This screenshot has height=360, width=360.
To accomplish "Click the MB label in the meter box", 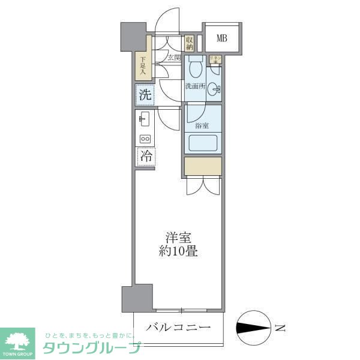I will tap(222, 39).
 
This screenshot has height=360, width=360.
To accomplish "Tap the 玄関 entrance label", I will tap(174, 58).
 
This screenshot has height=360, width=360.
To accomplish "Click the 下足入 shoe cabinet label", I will tap(143, 66).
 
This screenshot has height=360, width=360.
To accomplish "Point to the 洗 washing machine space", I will tap(145, 94).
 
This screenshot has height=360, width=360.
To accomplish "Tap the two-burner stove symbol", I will tap(145, 139).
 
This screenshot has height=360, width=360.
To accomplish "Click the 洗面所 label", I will tap(195, 86).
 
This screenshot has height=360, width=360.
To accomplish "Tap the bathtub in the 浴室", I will tap(202, 143).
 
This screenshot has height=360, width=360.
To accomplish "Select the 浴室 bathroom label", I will tap(202, 125).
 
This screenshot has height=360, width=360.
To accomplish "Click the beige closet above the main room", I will tap(203, 166).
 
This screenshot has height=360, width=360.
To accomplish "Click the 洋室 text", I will tap(178, 238).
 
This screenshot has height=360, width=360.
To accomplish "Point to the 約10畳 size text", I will tap(178, 251).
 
